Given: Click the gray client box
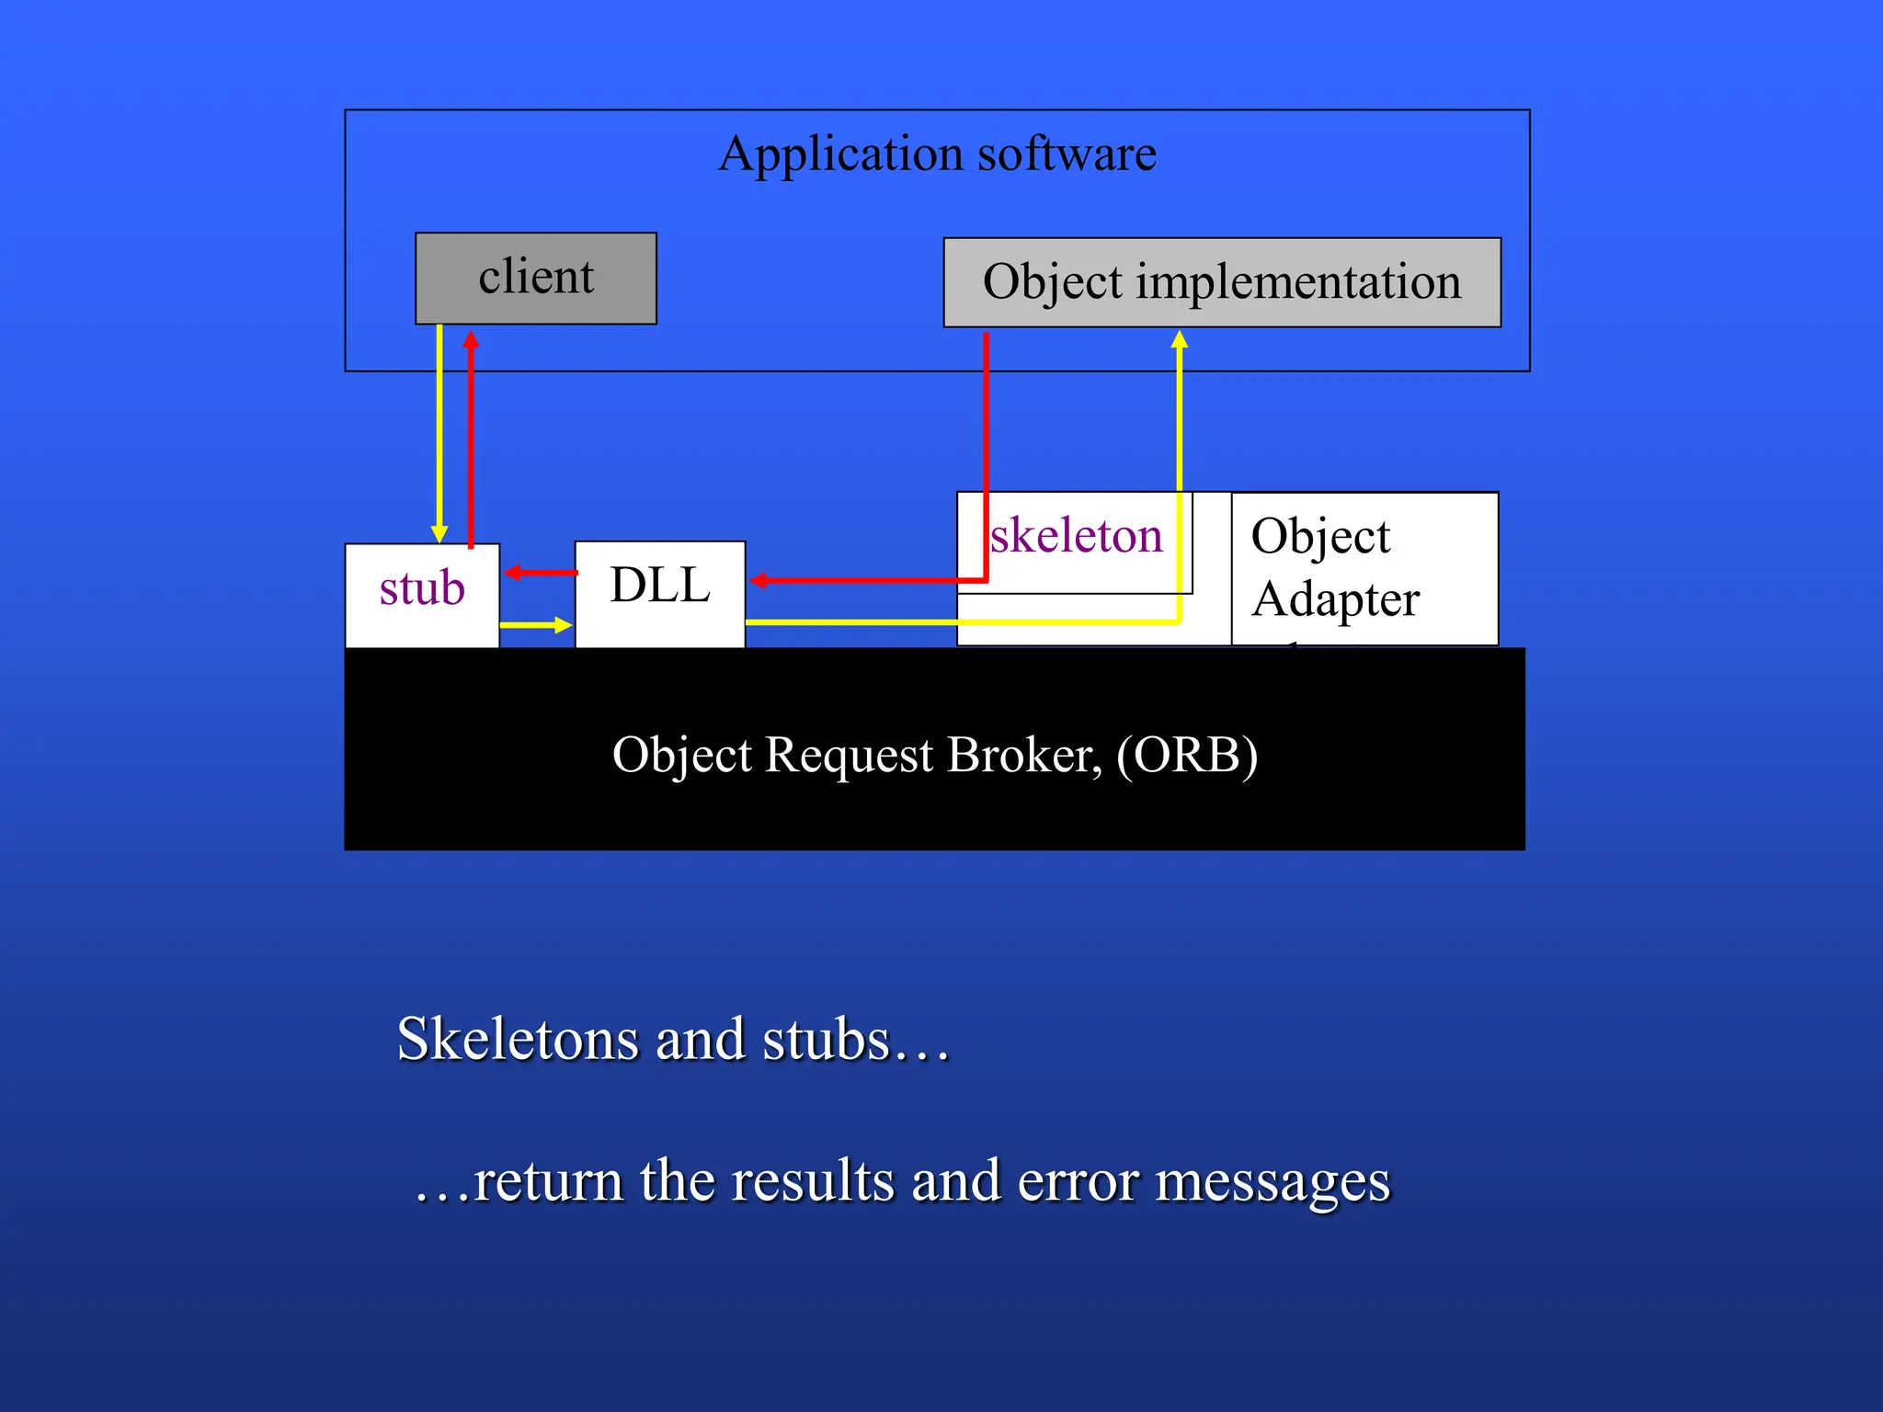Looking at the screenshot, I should click(535, 278).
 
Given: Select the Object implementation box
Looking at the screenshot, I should click(1221, 282).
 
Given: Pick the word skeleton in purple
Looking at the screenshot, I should click(1076, 536).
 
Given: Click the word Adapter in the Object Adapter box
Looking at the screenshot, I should click(1335, 600).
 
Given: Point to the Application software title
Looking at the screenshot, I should click(937, 154).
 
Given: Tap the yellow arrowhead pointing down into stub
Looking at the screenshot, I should click(439, 534).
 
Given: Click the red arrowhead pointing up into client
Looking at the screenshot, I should click(471, 339).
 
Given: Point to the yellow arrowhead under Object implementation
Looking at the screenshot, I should click(1180, 339).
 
